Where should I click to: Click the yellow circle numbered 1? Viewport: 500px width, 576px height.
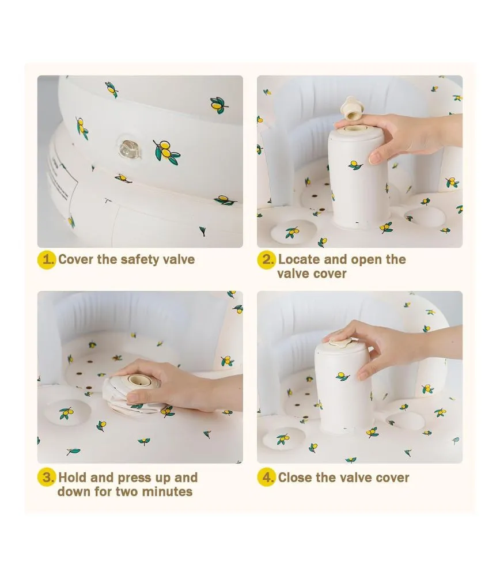46,260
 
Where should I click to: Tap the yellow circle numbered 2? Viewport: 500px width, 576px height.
266,260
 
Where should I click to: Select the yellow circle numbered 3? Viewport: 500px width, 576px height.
46,478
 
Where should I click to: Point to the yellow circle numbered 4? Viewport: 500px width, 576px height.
266,478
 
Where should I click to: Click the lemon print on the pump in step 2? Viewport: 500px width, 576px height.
355,165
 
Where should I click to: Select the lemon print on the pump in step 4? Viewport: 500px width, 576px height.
342,376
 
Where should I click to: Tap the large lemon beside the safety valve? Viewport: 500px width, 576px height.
166,151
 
